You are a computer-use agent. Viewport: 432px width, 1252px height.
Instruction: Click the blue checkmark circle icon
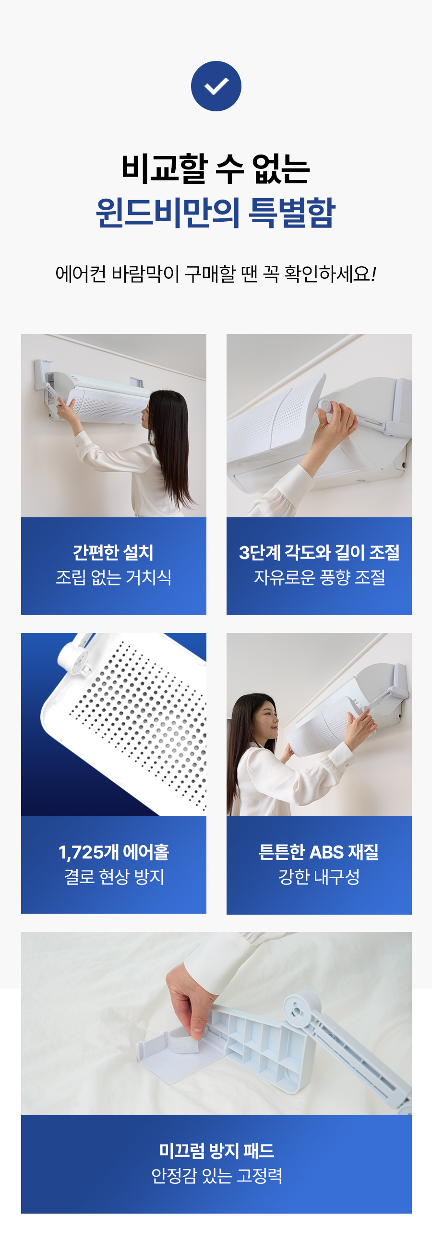(x=216, y=86)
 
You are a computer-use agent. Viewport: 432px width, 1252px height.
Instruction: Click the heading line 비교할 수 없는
(x=216, y=168)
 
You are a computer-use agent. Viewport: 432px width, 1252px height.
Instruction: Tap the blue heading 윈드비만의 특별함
(x=216, y=213)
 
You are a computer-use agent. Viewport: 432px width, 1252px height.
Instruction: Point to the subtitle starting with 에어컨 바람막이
(x=216, y=274)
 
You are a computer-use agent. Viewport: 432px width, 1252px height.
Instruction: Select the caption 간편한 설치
(x=113, y=552)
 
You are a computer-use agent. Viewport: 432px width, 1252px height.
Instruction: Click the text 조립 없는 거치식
(x=113, y=577)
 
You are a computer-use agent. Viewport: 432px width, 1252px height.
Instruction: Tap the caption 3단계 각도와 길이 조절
(x=319, y=552)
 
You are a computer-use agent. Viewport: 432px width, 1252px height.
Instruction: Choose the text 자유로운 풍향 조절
(x=319, y=577)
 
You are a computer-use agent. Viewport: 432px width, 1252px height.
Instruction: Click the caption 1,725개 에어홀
(x=114, y=851)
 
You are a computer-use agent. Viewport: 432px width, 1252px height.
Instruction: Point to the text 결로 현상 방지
(x=114, y=877)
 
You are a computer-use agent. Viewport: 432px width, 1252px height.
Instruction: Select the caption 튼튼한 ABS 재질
(x=319, y=851)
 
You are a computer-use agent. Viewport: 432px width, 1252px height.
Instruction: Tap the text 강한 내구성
(x=319, y=877)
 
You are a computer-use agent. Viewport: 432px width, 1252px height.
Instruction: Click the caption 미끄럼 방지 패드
(x=216, y=1150)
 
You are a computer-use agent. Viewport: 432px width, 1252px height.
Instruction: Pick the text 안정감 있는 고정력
(x=216, y=1176)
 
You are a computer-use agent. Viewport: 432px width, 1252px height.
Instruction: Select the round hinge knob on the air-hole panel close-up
(x=73, y=654)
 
